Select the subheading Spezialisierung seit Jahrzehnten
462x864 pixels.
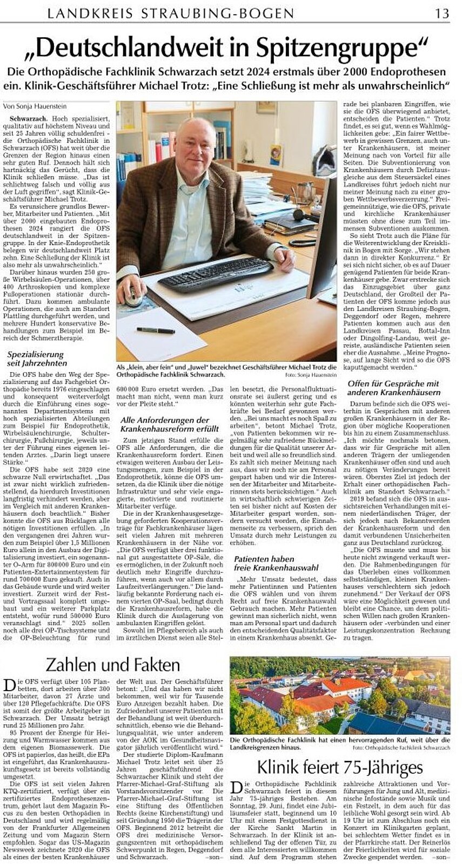click(x=36, y=358)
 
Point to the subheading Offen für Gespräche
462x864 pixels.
click(x=392, y=388)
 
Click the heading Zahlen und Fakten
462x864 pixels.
click(x=112, y=664)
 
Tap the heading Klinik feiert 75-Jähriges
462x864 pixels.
click(x=339, y=766)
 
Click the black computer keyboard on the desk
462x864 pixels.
click(x=215, y=272)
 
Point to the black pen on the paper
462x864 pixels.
click(x=155, y=330)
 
